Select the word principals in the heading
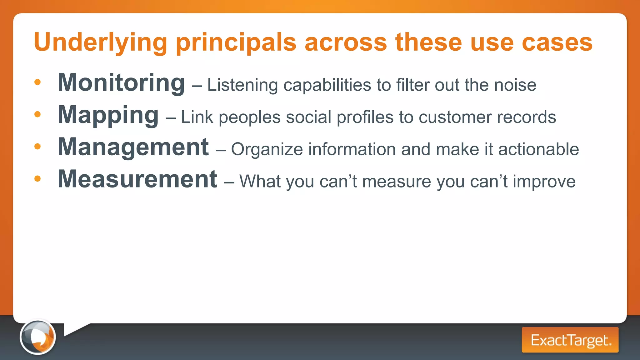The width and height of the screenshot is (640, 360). coord(236,42)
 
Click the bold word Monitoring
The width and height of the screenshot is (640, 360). coord(121,83)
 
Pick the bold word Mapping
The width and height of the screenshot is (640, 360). coord(108,115)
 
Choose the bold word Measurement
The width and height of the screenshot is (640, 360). coord(137,179)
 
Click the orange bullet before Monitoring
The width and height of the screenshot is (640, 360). coord(37,82)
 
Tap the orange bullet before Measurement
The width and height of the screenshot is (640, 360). coord(37,179)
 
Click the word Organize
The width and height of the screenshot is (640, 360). coord(267,150)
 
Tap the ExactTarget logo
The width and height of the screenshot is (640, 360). coord(570,340)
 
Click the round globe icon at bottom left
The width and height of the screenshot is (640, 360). coord(38,337)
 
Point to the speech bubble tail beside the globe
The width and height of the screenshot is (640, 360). coord(74,329)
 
